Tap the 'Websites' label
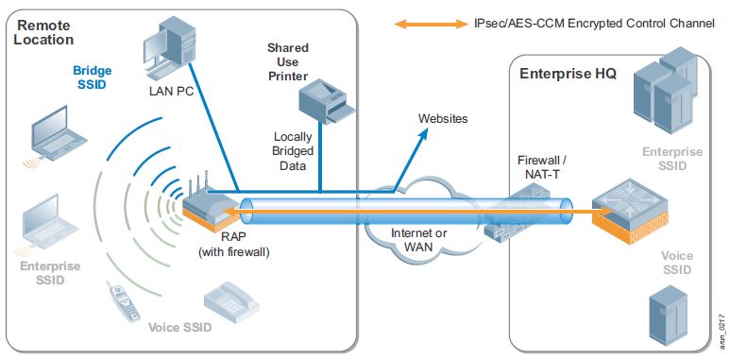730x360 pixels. (443, 119)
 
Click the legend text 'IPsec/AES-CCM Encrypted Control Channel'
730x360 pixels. (593, 23)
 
